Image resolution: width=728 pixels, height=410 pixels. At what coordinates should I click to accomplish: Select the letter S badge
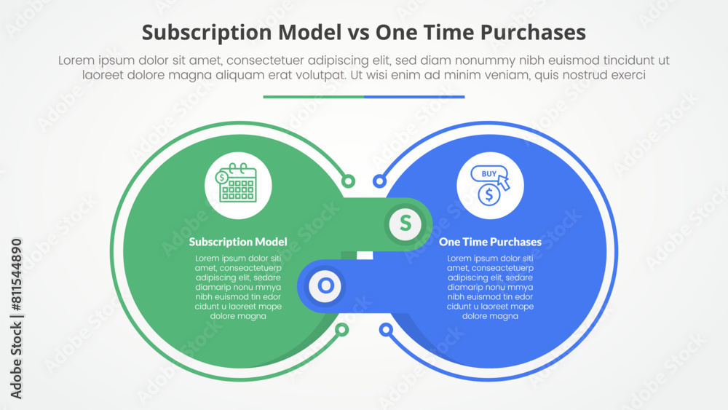pos(405,221)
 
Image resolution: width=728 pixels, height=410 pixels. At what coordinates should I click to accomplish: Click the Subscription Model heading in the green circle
pos(237,242)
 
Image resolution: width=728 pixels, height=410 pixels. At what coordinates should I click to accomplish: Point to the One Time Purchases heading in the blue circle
pos(490,242)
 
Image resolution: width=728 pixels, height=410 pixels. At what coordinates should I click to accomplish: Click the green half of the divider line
pos(313,96)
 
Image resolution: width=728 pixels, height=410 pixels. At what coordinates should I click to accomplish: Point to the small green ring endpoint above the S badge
pos(348,181)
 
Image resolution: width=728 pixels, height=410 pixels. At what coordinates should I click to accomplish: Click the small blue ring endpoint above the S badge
pos(379,181)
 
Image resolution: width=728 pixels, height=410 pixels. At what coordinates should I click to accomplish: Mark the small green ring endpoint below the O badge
pos(341,331)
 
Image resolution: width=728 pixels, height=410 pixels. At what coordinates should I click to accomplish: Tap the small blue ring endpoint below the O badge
pos(387,331)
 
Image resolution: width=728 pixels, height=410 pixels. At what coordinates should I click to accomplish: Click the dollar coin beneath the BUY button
pos(489,194)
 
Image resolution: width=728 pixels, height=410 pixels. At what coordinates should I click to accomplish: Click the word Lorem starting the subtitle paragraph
pos(76,61)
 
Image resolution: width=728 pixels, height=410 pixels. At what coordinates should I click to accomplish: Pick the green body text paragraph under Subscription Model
pos(237,287)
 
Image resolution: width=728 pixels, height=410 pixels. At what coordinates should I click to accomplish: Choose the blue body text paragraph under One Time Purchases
pos(490,287)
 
